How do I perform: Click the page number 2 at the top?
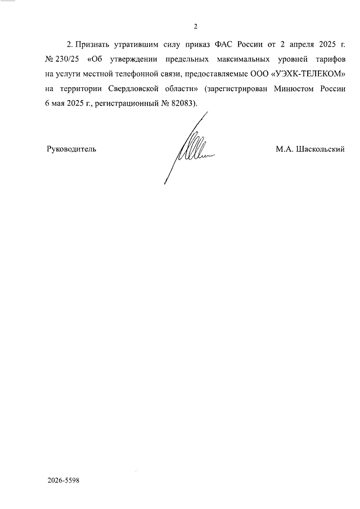[x=195, y=26]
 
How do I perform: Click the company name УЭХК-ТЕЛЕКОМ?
[x=306, y=74]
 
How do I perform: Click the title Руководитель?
[x=71, y=150]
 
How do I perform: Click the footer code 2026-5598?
[x=64, y=481]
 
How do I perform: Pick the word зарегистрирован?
[x=237, y=89]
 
